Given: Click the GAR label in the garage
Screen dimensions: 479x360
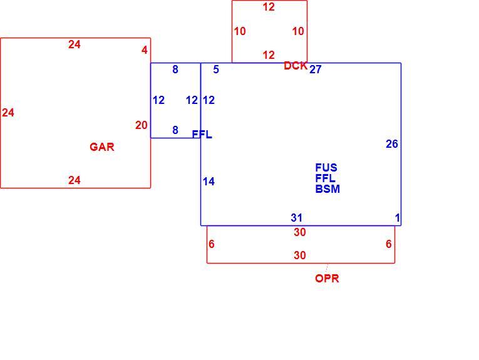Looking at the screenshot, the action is [x=102, y=147].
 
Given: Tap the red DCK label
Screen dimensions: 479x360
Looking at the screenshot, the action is [x=296, y=66].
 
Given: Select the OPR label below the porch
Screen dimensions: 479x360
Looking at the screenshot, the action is [x=327, y=279].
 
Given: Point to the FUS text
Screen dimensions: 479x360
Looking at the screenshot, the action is [x=326, y=168].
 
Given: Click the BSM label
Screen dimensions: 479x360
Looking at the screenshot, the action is [x=327, y=189].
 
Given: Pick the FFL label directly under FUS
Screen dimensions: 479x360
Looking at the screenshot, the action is [x=325, y=178].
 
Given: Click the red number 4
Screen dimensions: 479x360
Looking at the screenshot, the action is [x=145, y=50].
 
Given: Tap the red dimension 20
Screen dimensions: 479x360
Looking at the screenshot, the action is [x=142, y=125].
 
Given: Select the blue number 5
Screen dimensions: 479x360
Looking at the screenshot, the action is [x=216, y=69].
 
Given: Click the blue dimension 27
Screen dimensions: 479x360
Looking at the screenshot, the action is [x=316, y=69].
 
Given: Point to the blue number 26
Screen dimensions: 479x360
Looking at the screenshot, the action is [x=392, y=144].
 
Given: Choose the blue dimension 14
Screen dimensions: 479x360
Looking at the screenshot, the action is [x=209, y=182].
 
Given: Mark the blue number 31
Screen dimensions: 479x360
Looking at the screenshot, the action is [x=297, y=218].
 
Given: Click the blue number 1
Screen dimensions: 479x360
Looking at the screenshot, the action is [x=398, y=218].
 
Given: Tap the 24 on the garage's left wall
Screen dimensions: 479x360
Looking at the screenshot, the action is [x=8, y=113].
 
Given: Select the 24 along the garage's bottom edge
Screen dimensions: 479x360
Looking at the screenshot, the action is [x=75, y=180].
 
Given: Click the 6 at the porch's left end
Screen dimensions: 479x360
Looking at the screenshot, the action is [x=212, y=244].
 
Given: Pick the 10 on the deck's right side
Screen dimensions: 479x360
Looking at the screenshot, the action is [x=298, y=31].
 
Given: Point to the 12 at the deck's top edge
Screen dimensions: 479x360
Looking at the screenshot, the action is [x=269, y=7].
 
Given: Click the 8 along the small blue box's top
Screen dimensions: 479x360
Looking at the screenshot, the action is [x=175, y=69].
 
